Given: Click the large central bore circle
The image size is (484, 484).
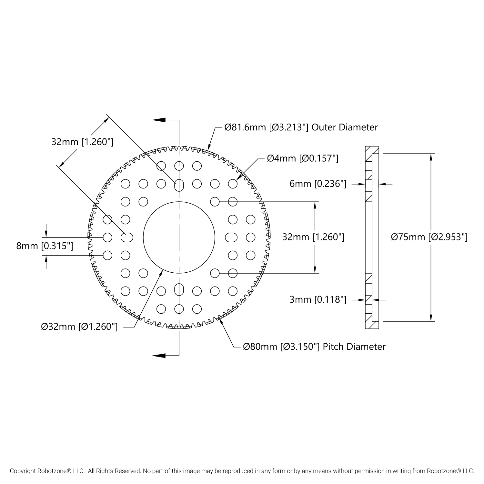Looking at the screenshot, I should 179,237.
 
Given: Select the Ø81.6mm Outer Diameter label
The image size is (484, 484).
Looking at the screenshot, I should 301,127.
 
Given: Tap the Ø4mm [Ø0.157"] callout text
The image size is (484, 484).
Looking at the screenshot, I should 302,158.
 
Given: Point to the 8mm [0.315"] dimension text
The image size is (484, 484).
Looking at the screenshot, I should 45,246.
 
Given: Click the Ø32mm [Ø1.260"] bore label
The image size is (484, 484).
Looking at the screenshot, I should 79,327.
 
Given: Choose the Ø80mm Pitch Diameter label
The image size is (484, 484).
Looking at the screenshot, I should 314,347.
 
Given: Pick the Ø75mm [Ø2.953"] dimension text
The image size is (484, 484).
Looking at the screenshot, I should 429,237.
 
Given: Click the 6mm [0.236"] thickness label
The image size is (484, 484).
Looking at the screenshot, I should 318,184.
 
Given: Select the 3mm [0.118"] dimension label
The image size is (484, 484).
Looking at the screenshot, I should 318,299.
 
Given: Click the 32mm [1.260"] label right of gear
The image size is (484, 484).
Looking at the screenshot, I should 313,237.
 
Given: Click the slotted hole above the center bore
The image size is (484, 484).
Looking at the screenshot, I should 179,185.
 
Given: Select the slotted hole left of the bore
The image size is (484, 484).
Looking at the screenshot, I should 127,237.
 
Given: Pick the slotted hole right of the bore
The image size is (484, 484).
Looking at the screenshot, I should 231,237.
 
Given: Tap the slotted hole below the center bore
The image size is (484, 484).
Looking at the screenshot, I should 179,289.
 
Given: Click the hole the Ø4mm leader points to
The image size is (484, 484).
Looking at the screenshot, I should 233,184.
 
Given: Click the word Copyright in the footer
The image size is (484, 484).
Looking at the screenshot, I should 23,471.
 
